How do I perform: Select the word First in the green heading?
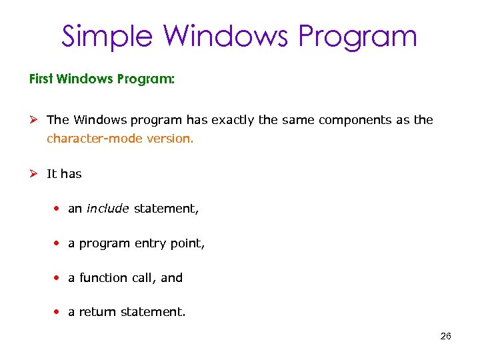click(x=42, y=79)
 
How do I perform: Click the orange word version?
click(x=174, y=139)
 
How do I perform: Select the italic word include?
click(x=107, y=209)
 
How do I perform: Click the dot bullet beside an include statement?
click(x=58, y=209)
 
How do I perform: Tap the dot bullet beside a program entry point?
click(x=58, y=243)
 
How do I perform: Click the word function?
click(x=103, y=278)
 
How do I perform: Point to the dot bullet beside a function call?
click(x=58, y=278)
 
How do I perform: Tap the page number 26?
click(x=446, y=336)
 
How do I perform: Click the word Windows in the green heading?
click(x=86, y=79)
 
